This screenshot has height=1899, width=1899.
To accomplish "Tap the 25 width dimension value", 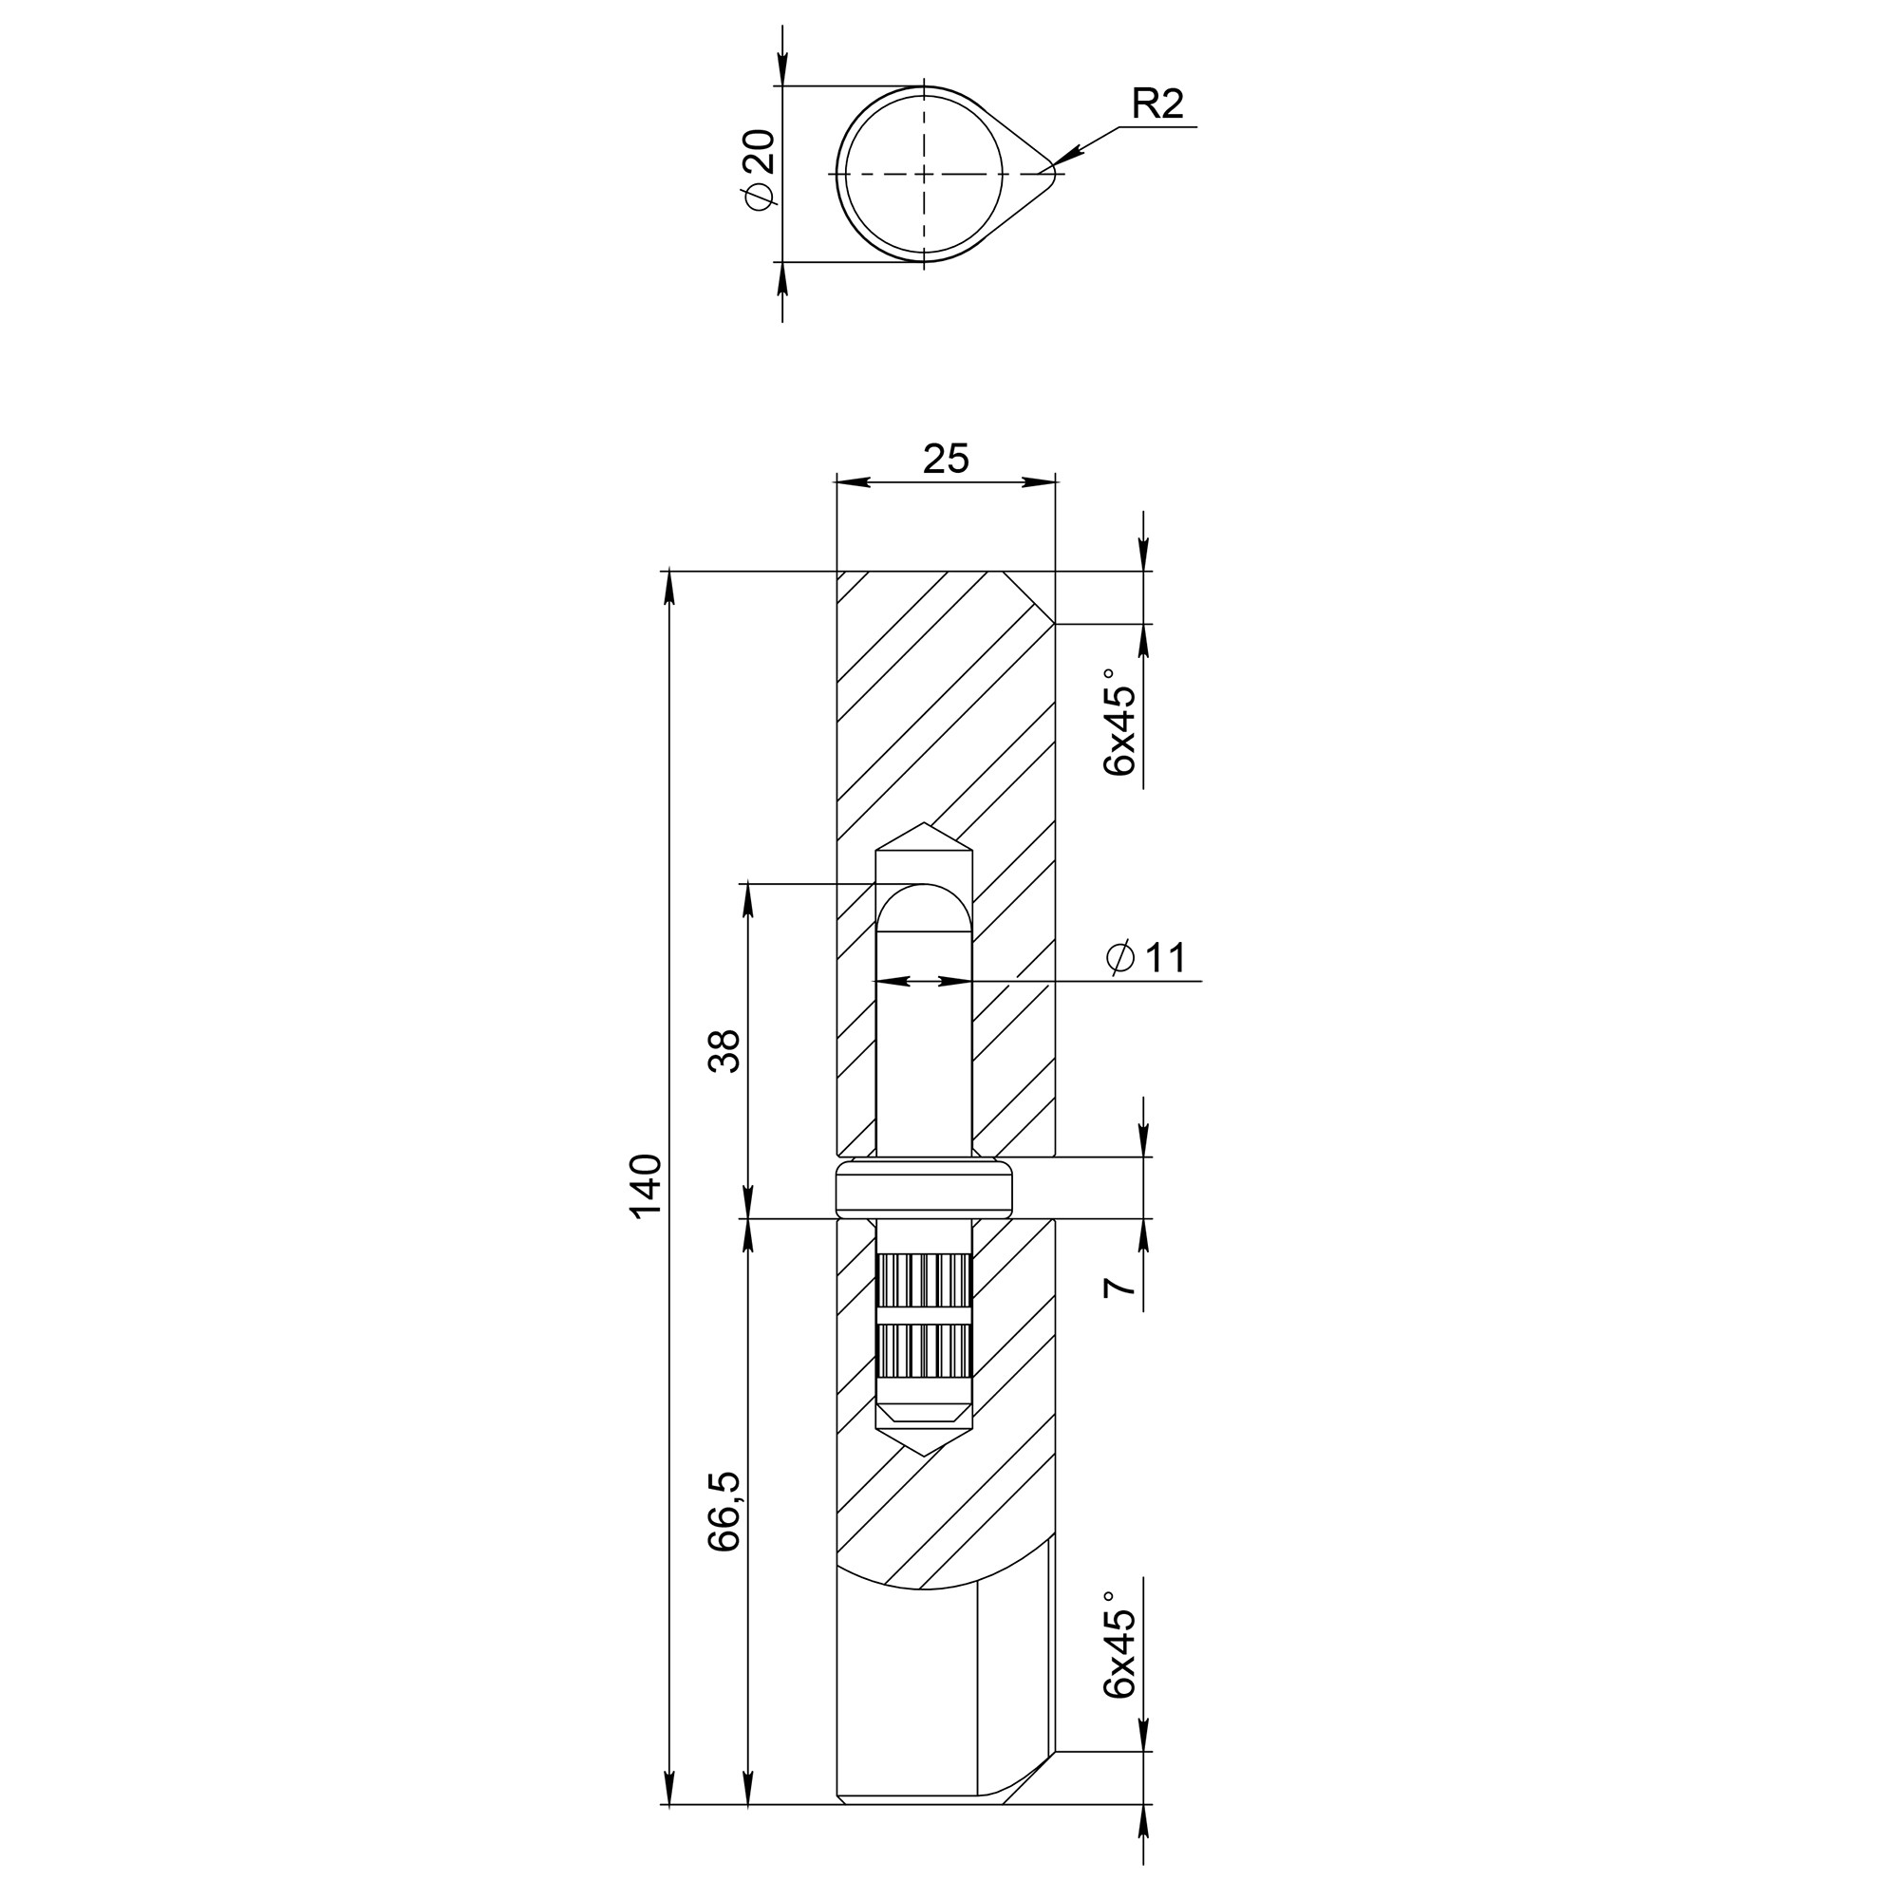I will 946,459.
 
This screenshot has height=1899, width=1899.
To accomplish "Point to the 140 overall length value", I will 645,1186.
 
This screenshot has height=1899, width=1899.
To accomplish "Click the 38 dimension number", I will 724,1051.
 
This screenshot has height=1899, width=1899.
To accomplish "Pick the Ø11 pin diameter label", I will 1146,958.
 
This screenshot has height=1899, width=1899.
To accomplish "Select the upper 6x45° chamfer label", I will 1120,723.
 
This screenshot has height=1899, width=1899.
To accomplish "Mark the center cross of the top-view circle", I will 924,174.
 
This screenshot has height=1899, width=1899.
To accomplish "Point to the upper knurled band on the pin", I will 924,1281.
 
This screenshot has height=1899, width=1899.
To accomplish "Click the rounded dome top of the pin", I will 924,904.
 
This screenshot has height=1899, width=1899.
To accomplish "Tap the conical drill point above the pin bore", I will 924,838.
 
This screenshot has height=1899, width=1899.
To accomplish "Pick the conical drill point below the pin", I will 924,1442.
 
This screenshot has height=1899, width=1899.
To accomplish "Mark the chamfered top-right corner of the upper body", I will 1032,596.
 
